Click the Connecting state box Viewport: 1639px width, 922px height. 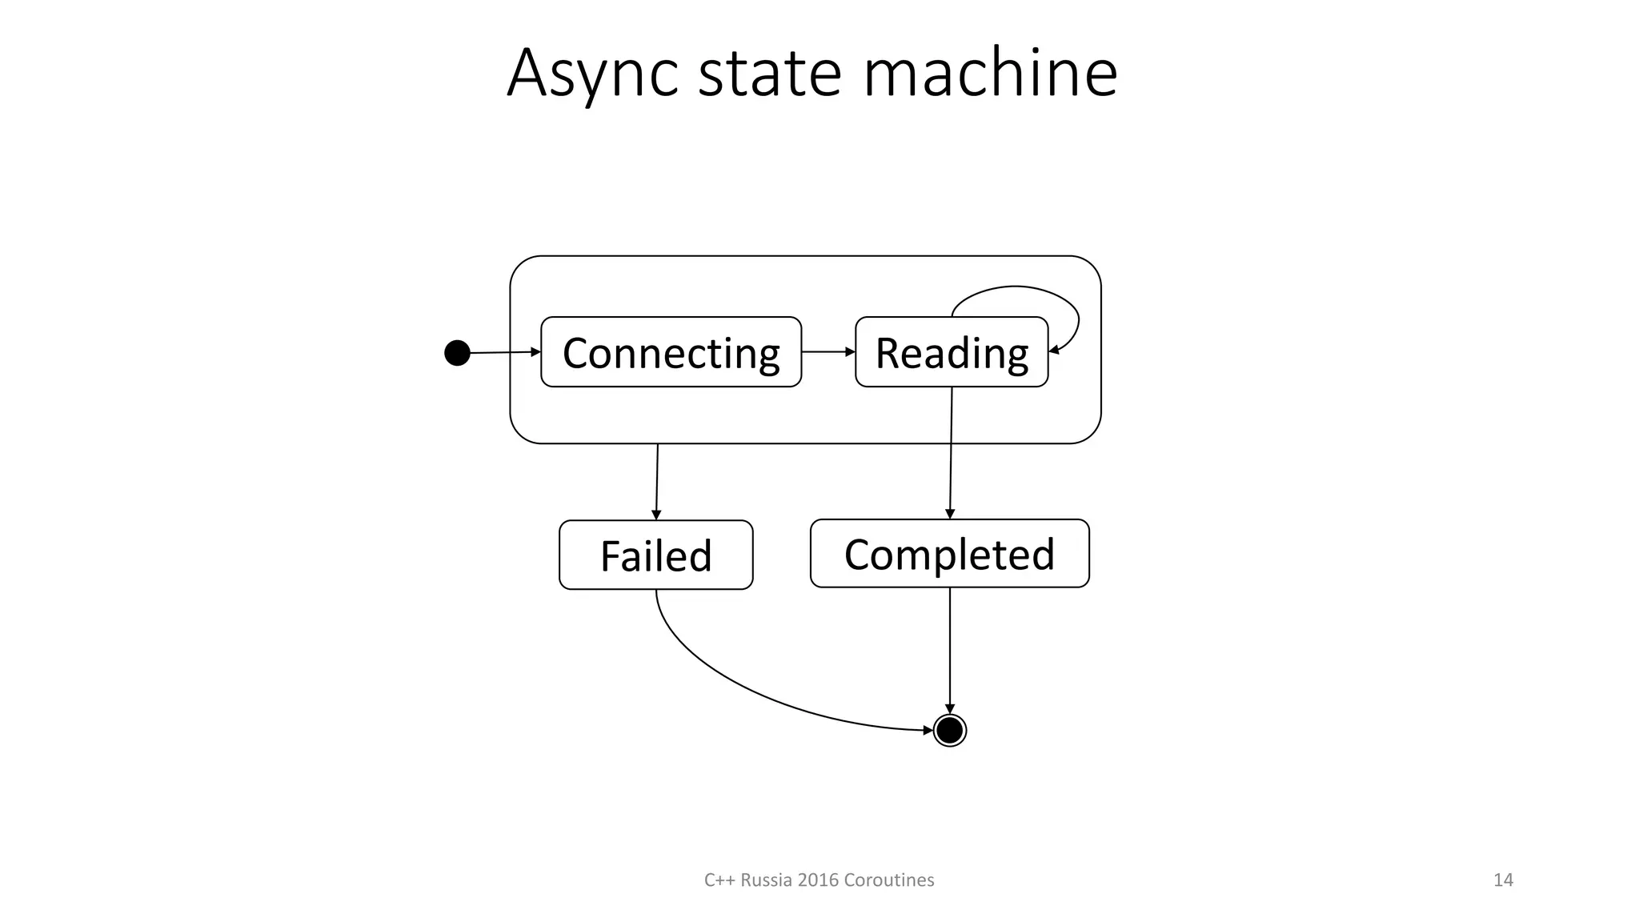click(671, 352)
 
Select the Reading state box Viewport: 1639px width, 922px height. click(951, 352)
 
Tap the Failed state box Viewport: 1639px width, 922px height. click(655, 555)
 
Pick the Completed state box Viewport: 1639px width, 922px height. click(949, 553)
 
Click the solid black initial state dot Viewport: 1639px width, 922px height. click(457, 352)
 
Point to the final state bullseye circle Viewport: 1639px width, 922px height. click(949, 730)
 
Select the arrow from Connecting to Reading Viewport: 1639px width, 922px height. click(828, 351)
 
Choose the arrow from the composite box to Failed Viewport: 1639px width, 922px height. click(657, 480)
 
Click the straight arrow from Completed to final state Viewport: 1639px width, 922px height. click(949, 648)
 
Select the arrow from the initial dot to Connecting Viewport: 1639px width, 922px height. click(504, 352)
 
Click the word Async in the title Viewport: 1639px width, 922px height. click(592, 74)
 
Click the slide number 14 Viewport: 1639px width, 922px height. click(1503, 880)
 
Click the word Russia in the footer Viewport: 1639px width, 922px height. click(766, 880)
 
